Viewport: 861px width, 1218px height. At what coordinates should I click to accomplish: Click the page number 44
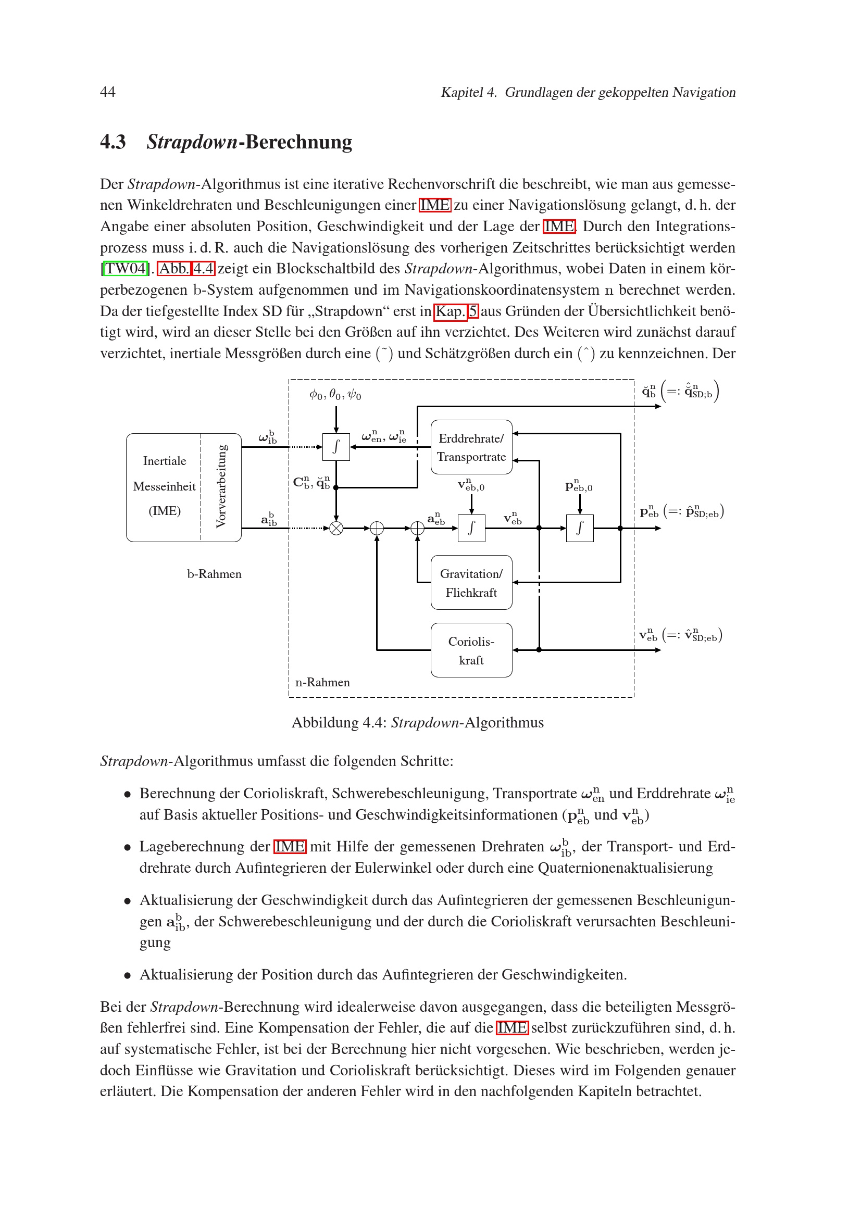(x=108, y=92)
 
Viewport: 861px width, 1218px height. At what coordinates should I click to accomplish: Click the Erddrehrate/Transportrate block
(x=471, y=447)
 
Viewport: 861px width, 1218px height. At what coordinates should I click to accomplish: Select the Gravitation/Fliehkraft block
(x=471, y=583)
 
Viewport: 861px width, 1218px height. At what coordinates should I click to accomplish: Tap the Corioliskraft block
(x=471, y=650)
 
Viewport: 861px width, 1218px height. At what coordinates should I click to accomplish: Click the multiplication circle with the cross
(x=336, y=529)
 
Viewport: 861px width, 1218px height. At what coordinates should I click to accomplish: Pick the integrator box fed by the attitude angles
(x=336, y=447)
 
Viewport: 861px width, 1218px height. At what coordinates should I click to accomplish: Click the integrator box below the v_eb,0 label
(x=471, y=529)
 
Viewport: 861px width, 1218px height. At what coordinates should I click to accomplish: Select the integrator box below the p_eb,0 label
(x=580, y=529)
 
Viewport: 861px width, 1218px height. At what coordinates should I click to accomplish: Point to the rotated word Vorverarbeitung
(x=221, y=487)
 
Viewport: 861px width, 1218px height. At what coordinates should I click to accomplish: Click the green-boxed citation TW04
(x=126, y=268)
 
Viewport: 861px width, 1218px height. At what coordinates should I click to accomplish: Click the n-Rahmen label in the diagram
(x=322, y=683)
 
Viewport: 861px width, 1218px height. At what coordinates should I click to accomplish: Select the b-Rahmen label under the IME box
(x=214, y=574)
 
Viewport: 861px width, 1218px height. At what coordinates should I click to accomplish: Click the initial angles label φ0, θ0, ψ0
(x=335, y=395)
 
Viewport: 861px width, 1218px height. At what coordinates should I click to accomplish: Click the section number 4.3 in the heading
(x=113, y=142)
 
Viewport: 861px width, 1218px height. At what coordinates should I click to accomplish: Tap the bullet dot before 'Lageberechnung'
(x=127, y=848)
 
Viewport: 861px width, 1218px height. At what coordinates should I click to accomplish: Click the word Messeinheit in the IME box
(x=165, y=486)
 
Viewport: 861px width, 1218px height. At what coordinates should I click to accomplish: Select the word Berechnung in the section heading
(x=298, y=142)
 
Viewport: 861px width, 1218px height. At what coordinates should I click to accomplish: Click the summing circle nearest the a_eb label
(x=418, y=529)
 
